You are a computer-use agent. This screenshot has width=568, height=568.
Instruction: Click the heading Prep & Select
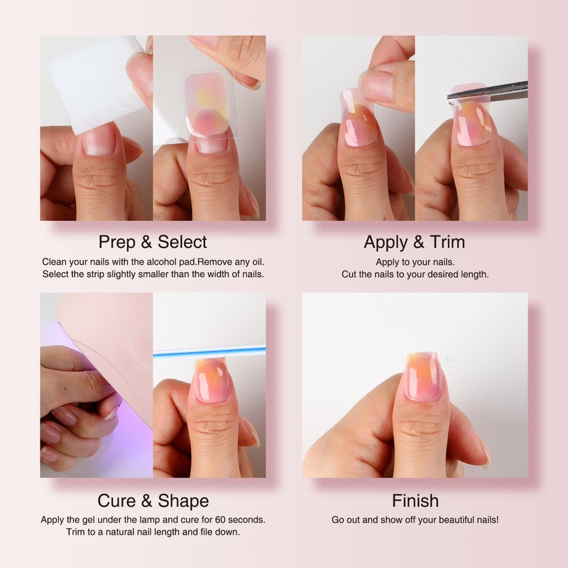click(x=153, y=241)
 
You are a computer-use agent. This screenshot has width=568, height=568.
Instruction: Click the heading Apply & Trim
click(x=414, y=241)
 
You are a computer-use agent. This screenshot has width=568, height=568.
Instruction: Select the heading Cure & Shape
click(x=153, y=501)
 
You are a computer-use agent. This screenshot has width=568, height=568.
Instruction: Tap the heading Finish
click(x=415, y=501)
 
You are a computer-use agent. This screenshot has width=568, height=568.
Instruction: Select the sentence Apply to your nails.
click(x=414, y=261)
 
